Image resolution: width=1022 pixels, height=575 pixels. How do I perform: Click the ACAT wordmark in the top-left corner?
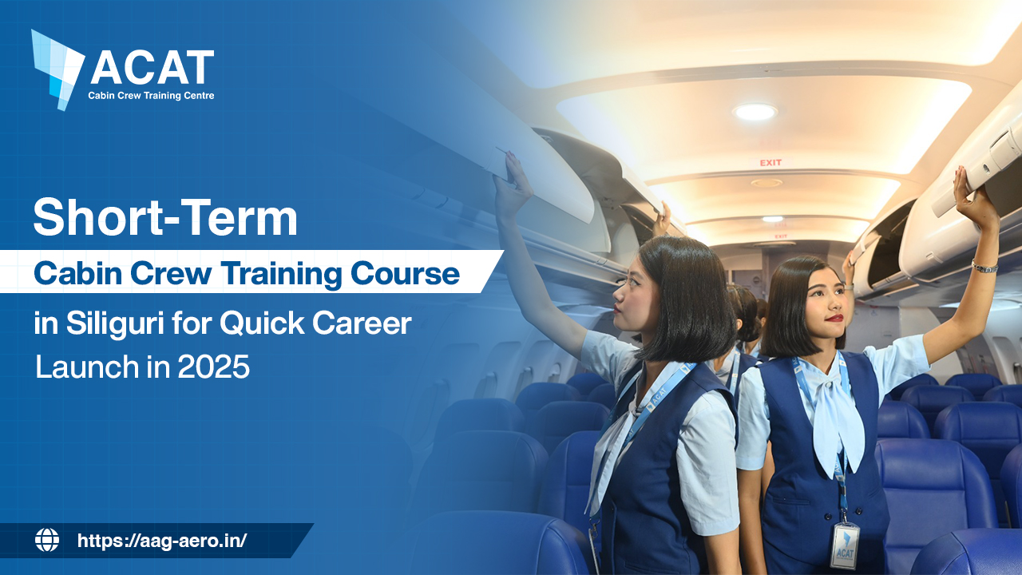point(152,68)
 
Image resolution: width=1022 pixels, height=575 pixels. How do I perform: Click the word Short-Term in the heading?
point(165,217)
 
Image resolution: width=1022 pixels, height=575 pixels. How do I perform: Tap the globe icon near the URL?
point(47,541)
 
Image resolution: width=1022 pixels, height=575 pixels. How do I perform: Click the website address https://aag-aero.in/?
point(162,541)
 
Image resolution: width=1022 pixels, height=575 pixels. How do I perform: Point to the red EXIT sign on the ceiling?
point(770,163)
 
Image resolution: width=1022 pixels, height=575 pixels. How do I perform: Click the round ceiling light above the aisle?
point(755,112)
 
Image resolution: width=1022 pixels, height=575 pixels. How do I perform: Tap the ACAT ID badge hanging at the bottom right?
point(844,545)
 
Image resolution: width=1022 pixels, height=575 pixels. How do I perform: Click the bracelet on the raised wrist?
point(984,267)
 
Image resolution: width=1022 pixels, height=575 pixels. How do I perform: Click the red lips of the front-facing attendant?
point(834,318)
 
